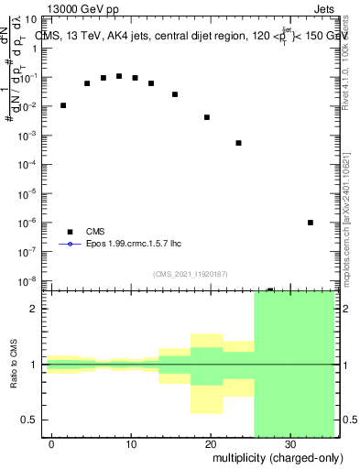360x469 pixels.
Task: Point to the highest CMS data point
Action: pos(119,76)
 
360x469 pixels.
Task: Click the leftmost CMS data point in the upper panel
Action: pos(63,105)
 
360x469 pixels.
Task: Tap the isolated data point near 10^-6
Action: pos(311,223)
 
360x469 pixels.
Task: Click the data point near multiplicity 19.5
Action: pos(207,117)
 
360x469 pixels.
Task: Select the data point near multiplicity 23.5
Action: pos(238,143)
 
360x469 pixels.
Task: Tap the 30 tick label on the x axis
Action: pos(289,444)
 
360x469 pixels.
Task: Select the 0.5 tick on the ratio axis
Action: pos(33,420)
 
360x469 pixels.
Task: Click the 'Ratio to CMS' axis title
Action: pos(14,365)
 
